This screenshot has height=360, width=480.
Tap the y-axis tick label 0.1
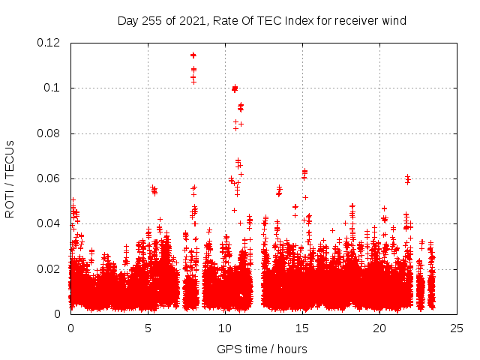(54, 88)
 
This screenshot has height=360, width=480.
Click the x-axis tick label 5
(148, 328)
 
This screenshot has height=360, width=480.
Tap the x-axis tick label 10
(225, 328)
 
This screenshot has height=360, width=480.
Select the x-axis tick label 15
(302, 328)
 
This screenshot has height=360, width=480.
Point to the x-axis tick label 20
(379, 328)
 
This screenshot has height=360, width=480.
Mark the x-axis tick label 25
(457, 328)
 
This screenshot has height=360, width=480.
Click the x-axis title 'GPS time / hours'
(262, 349)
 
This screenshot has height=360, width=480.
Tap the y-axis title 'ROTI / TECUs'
(10, 178)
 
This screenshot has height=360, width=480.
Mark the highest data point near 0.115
(193, 55)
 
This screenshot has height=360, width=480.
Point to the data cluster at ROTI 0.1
(235, 88)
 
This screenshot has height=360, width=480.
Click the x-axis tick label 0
(70, 328)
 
